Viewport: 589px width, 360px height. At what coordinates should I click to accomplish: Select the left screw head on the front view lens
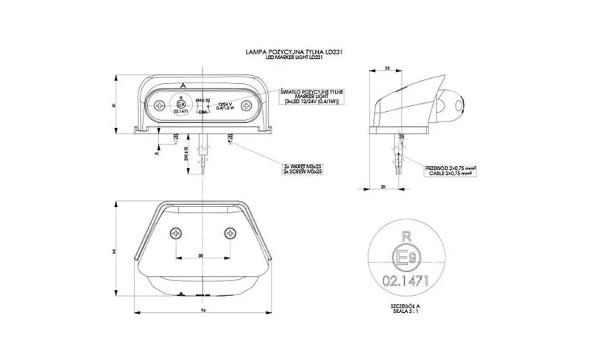[161, 106]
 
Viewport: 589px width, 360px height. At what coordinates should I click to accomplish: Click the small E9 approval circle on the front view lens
[181, 105]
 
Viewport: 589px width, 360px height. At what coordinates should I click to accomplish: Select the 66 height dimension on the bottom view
[116, 252]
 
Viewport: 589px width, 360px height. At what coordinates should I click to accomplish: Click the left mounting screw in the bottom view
[175, 233]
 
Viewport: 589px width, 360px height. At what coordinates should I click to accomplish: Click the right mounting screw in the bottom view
[229, 233]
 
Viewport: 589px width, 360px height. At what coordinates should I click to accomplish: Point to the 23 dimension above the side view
[387, 68]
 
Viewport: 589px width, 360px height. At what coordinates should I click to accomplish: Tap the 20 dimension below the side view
[385, 187]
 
